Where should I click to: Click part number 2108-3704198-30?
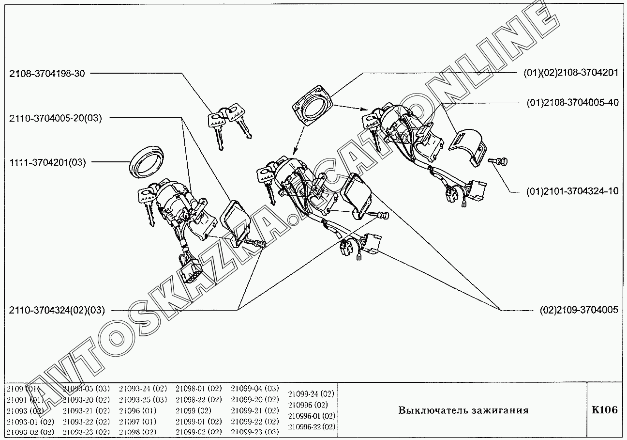[x=47, y=74]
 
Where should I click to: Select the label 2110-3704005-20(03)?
[x=56, y=118]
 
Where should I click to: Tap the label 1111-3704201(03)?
[x=47, y=162]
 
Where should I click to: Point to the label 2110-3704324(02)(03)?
[x=57, y=310]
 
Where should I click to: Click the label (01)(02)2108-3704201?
[x=571, y=73]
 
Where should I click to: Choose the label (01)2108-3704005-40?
[x=573, y=103]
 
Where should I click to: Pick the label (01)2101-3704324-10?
[x=572, y=191]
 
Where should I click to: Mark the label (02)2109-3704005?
[x=579, y=310]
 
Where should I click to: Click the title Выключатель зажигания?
[x=463, y=410]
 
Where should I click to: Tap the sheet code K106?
[x=605, y=409]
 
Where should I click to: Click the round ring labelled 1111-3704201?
[x=147, y=162]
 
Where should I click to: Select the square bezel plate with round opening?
[x=313, y=105]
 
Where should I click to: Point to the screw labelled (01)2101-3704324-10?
[x=498, y=161]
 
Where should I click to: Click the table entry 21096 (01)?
[x=138, y=411]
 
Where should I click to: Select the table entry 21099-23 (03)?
[x=254, y=432]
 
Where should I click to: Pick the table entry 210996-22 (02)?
[x=312, y=426]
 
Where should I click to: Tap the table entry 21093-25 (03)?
[x=143, y=399]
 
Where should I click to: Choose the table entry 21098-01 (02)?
[x=199, y=389]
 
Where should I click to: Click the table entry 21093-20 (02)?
[x=86, y=399]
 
